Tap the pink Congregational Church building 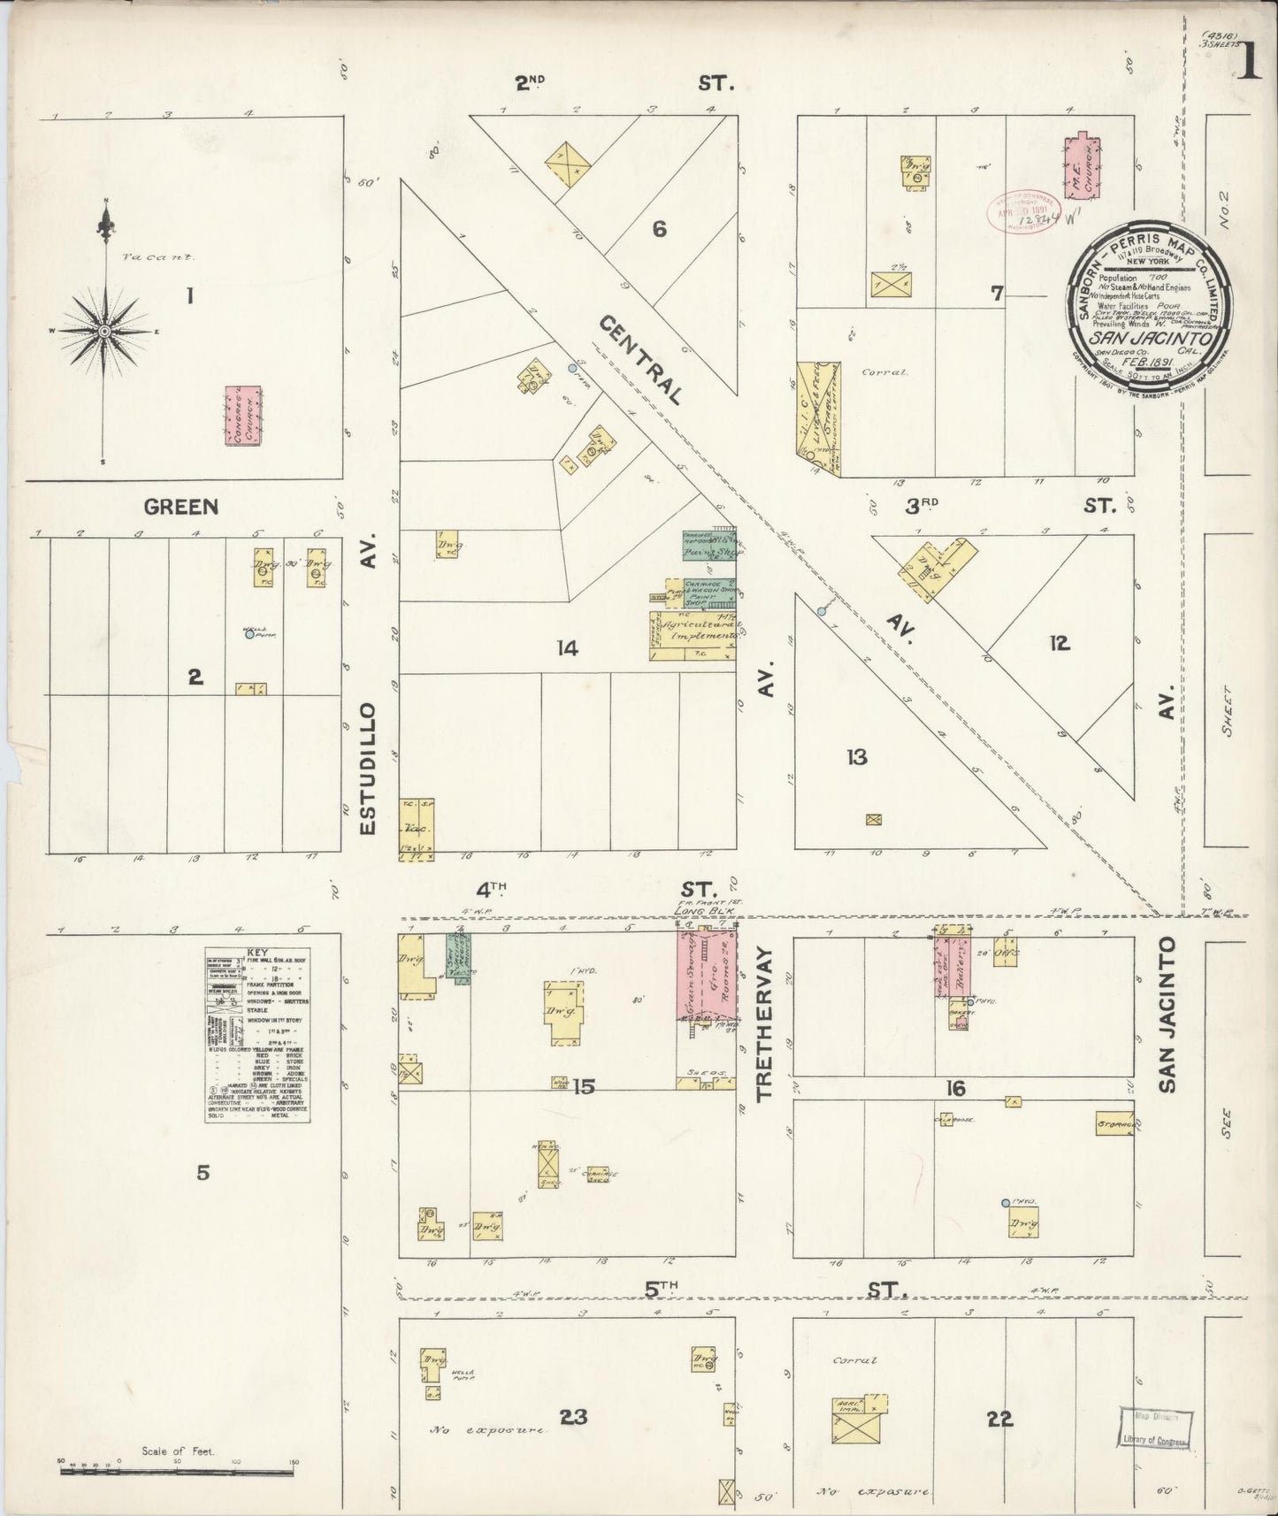point(242,415)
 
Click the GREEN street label point(180,507)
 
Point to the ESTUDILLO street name point(370,769)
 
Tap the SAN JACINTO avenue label point(1167,1014)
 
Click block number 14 point(567,649)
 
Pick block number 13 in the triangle point(855,757)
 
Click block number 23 point(573,1418)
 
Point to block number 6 point(659,229)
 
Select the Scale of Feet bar point(177,1472)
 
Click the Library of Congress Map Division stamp point(1156,1427)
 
